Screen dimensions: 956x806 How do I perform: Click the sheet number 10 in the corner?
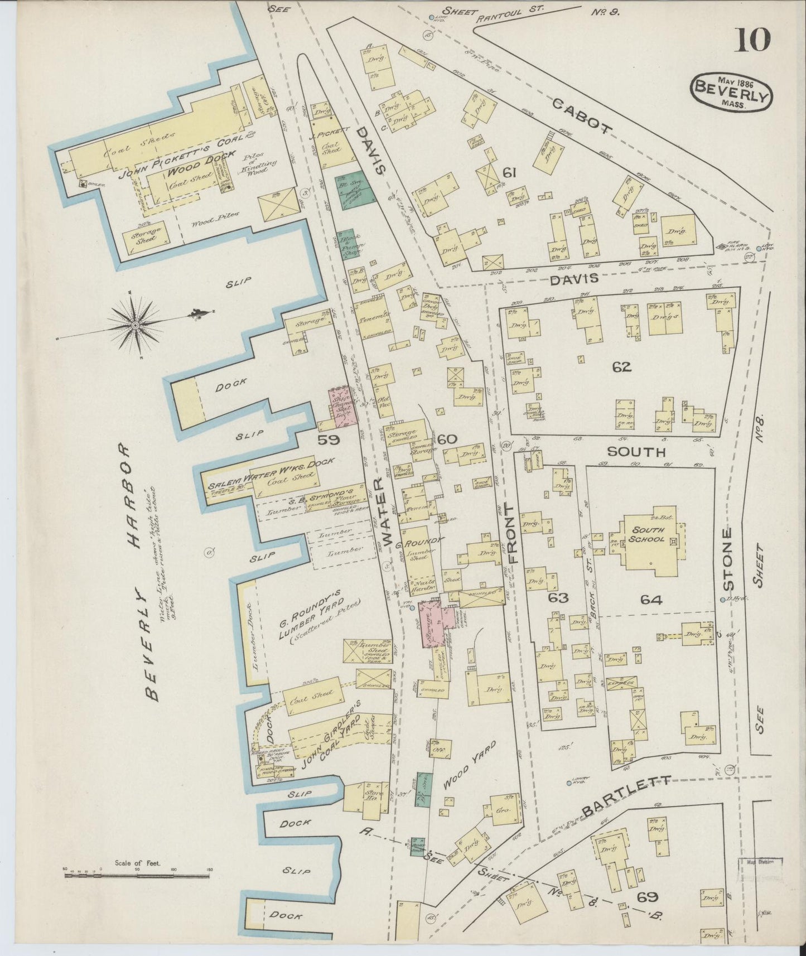(x=753, y=40)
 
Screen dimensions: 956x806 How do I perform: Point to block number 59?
(x=329, y=440)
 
